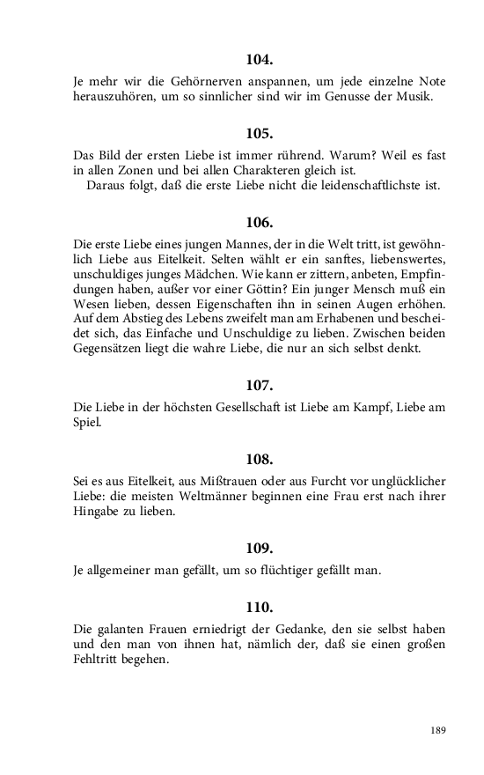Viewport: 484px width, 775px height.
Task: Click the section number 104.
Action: (260, 61)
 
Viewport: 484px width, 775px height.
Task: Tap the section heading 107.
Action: (260, 385)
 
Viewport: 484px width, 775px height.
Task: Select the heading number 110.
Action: (260, 607)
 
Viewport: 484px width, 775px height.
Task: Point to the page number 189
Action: (438, 729)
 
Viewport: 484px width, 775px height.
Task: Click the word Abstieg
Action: (131, 320)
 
